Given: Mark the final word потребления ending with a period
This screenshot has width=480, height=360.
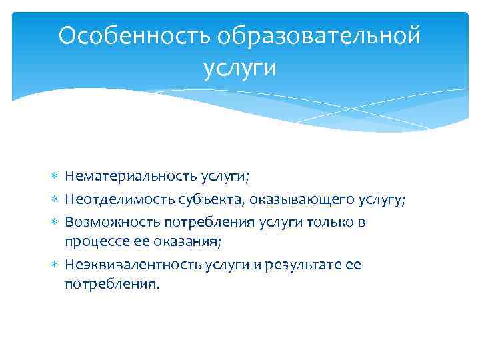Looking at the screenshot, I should [x=113, y=284].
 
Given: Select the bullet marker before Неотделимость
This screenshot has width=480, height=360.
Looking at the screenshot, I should [x=55, y=199].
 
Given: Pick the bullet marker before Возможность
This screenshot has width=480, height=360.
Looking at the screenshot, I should [x=55, y=221].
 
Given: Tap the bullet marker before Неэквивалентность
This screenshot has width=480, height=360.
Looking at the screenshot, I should [x=55, y=264].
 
